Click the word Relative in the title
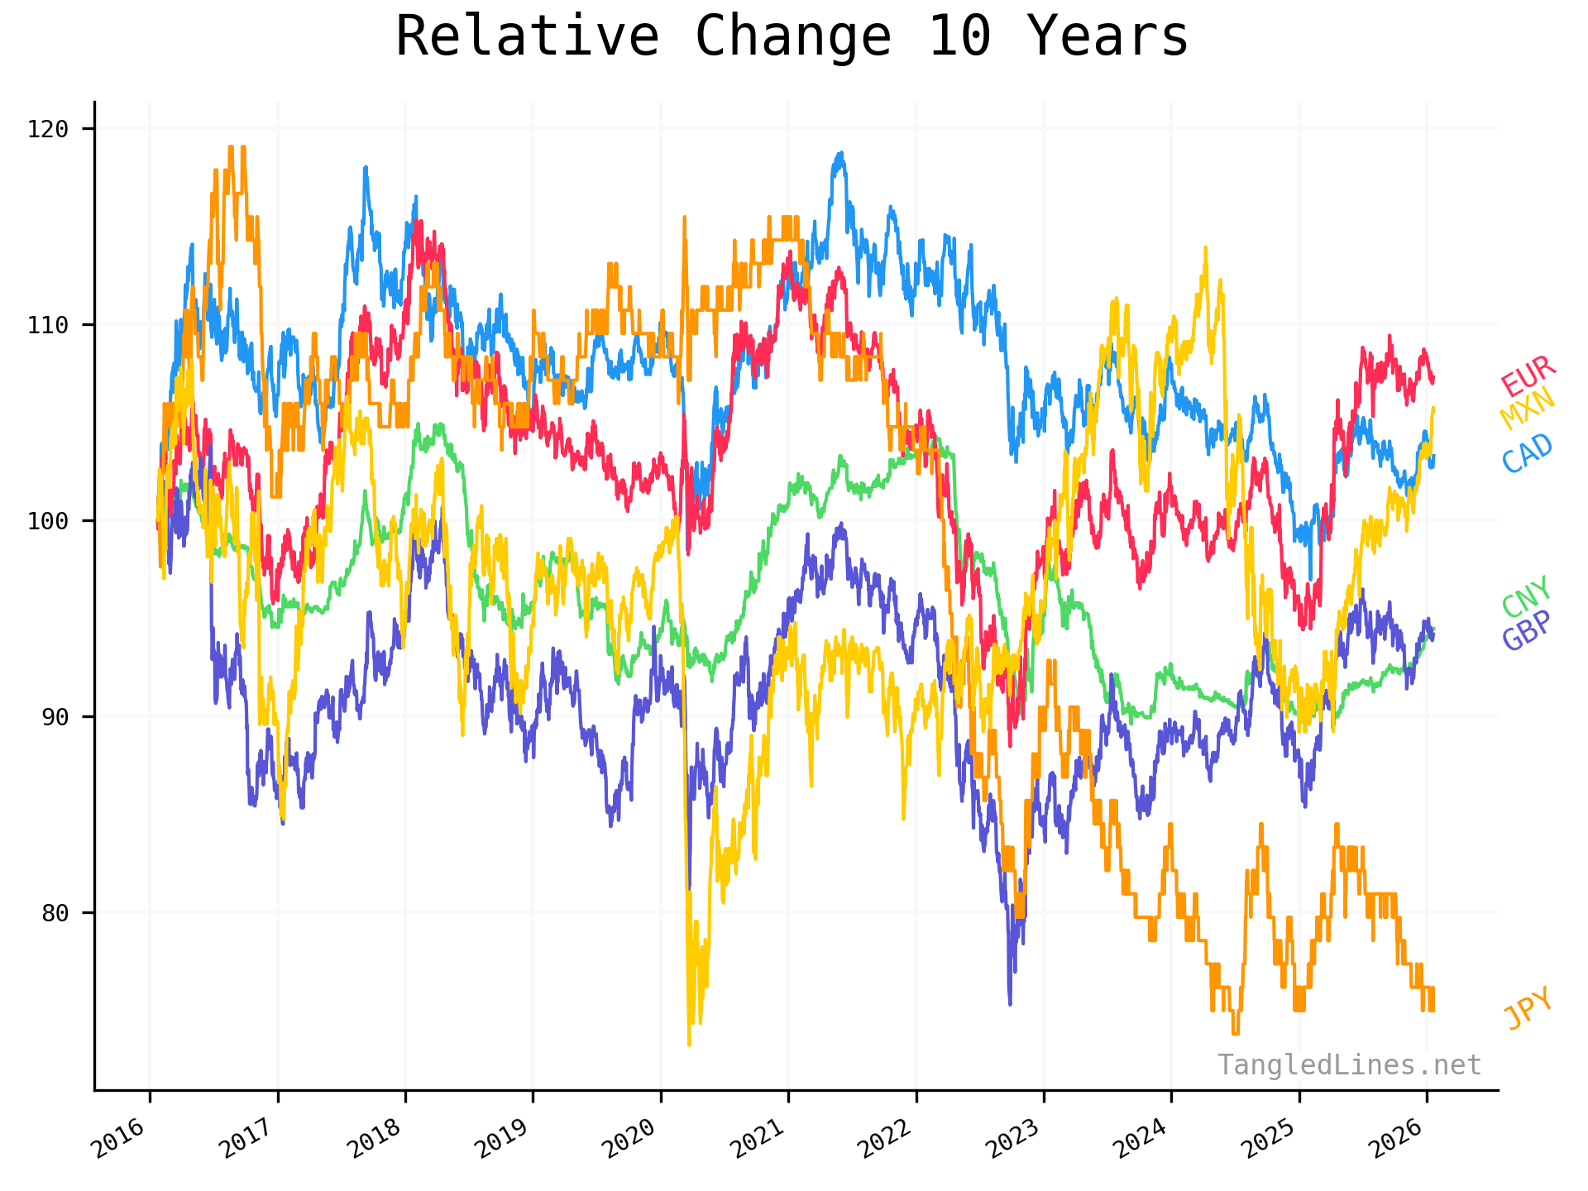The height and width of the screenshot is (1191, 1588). pyautogui.click(x=527, y=37)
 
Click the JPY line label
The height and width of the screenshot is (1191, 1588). pyautogui.click(x=1528, y=1008)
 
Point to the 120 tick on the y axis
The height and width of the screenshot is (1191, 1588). pyautogui.click(x=48, y=129)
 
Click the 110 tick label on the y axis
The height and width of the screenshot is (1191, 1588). pyautogui.click(x=48, y=325)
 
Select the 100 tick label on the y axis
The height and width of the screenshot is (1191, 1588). pyautogui.click(x=48, y=521)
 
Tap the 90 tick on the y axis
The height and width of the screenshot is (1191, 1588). pyautogui.click(x=55, y=717)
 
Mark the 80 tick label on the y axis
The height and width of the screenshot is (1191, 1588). pyautogui.click(x=55, y=913)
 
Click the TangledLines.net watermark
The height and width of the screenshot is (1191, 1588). pyautogui.click(x=1349, y=1065)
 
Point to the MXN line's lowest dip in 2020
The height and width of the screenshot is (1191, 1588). pyautogui.click(x=689, y=1044)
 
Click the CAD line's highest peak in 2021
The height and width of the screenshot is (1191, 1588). pyautogui.click(x=840, y=153)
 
